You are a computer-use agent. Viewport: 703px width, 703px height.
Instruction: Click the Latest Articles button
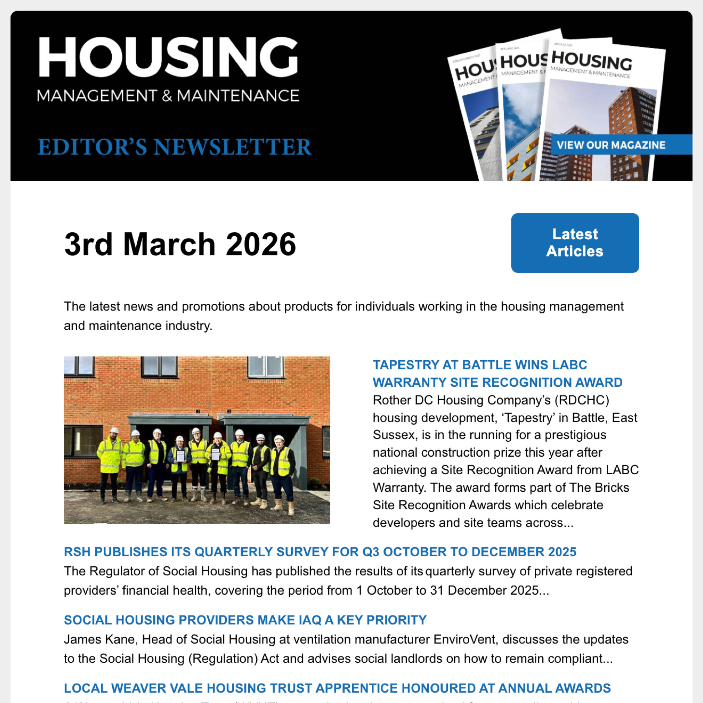[x=574, y=243]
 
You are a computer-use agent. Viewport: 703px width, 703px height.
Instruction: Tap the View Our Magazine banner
[x=611, y=145]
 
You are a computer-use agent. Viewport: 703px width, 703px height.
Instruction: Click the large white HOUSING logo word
[x=168, y=57]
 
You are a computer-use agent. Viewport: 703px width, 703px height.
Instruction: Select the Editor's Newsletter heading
[x=174, y=147]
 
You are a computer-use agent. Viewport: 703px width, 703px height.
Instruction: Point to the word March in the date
[x=169, y=244]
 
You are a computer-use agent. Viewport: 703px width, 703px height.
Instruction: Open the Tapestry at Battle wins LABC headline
[x=497, y=373]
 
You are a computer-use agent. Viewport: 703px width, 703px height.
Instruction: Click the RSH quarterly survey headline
[x=320, y=552]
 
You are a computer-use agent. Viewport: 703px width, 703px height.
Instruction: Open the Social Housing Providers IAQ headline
[x=245, y=620]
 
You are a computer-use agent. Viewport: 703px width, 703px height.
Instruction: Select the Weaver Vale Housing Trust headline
[x=337, y=688]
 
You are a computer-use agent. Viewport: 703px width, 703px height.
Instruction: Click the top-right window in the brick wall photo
[x=265, y=366]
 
